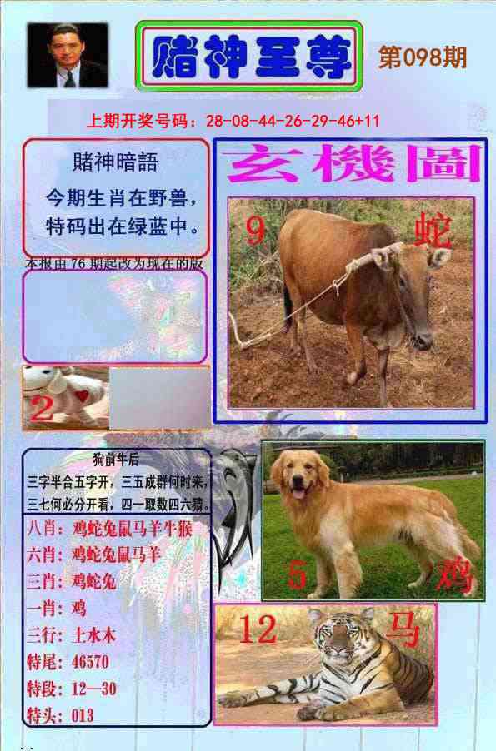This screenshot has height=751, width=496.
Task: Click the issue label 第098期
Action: click(x=422, y=57)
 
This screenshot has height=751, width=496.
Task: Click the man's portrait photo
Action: click(x=68, y=55)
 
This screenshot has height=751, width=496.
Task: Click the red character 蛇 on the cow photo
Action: click(x=433, y=233)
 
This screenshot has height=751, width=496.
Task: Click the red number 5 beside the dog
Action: click(x=297, y=575)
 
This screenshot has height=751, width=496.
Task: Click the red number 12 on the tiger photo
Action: click(x=258, y=629)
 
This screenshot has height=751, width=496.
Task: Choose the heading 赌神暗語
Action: click(x=115, y=162)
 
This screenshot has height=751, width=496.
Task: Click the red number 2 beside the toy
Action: click(x=42, y=408)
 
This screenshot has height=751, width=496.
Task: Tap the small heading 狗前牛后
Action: click(x=117, y=456)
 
